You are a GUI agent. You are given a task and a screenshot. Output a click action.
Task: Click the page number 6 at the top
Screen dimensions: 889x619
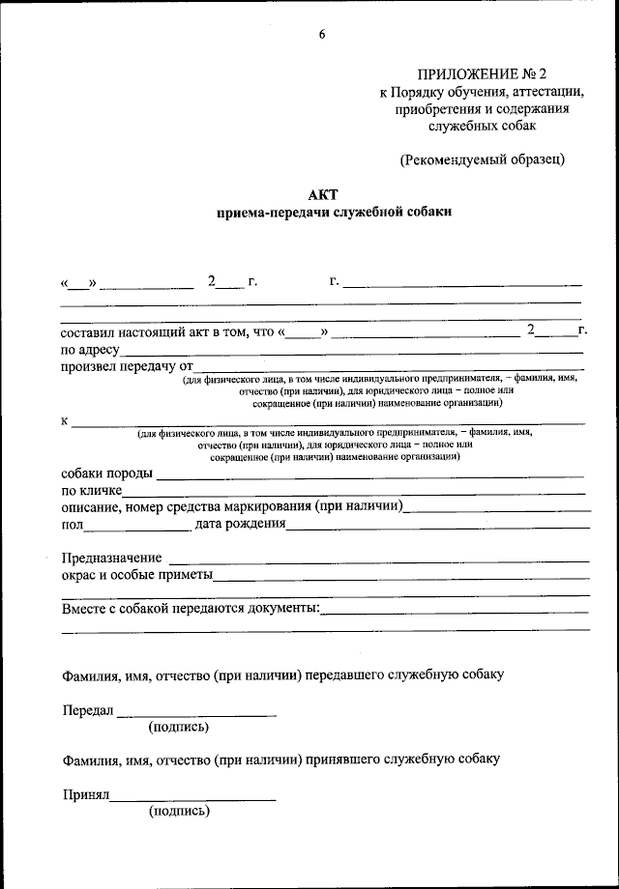tap(322, 36)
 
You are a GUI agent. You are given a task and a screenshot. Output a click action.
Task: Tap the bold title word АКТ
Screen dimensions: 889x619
tap(322, 193)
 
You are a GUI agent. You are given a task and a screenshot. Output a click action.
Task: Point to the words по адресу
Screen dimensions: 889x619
tap(90, 349)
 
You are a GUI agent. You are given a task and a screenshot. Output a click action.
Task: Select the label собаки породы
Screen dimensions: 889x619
tap(106, 473)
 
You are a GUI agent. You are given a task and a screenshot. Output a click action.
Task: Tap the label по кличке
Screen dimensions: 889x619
tap(91, 491)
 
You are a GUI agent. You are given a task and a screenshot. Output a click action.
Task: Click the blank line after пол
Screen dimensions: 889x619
tap(136, 527)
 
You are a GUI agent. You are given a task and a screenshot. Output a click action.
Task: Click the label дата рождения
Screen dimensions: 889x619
tap(240, 524)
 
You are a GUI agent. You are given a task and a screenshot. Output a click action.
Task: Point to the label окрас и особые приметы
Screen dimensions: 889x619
tap(136, 575)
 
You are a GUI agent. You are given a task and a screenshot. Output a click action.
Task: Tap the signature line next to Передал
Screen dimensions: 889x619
tap(196, 714)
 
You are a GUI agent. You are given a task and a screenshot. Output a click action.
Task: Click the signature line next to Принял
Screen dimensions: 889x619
tap(193, 799)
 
